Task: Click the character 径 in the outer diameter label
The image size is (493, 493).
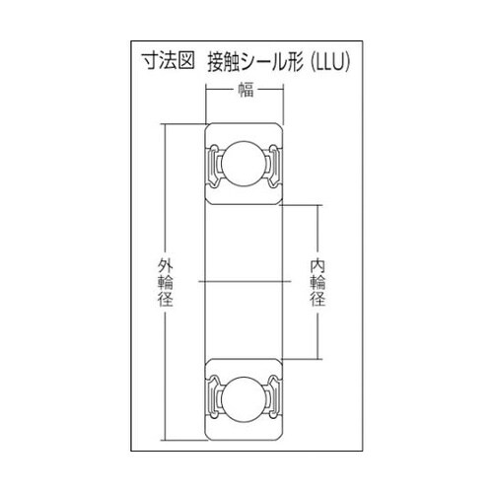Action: click(164, 301)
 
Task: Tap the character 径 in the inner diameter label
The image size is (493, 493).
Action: click(317, 301)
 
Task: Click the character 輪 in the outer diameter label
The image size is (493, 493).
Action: click(164, 282)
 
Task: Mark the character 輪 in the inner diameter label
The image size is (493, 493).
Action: click(317, 282)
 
